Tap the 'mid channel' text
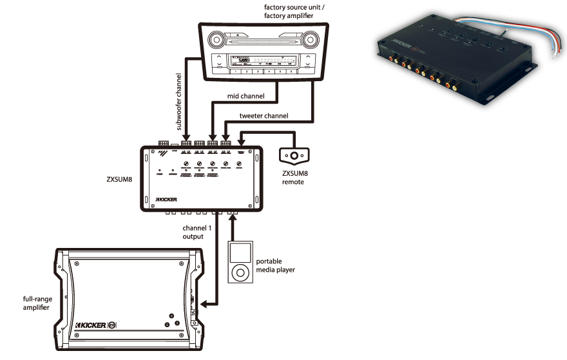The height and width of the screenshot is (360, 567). point(243,97)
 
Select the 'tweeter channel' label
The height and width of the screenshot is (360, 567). point(263,116)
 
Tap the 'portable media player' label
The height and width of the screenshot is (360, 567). point(275,265)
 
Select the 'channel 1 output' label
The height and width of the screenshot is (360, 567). point(193,232)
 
